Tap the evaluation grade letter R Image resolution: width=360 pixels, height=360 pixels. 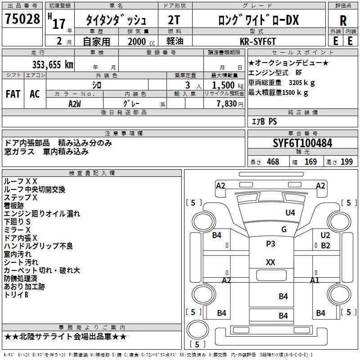343,20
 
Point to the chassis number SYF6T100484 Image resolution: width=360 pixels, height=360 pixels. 303,144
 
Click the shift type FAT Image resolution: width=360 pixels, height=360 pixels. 13,94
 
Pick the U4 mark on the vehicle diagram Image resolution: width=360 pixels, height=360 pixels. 290,212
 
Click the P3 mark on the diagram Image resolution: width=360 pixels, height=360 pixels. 270,244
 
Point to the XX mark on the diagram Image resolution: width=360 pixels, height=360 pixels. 270,262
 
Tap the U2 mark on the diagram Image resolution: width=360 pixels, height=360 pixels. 325,235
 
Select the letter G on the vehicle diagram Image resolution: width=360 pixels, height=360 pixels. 284,229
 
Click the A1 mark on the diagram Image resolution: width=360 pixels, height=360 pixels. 315,280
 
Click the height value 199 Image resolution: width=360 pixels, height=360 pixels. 346,162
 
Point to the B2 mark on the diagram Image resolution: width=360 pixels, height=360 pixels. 325,245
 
